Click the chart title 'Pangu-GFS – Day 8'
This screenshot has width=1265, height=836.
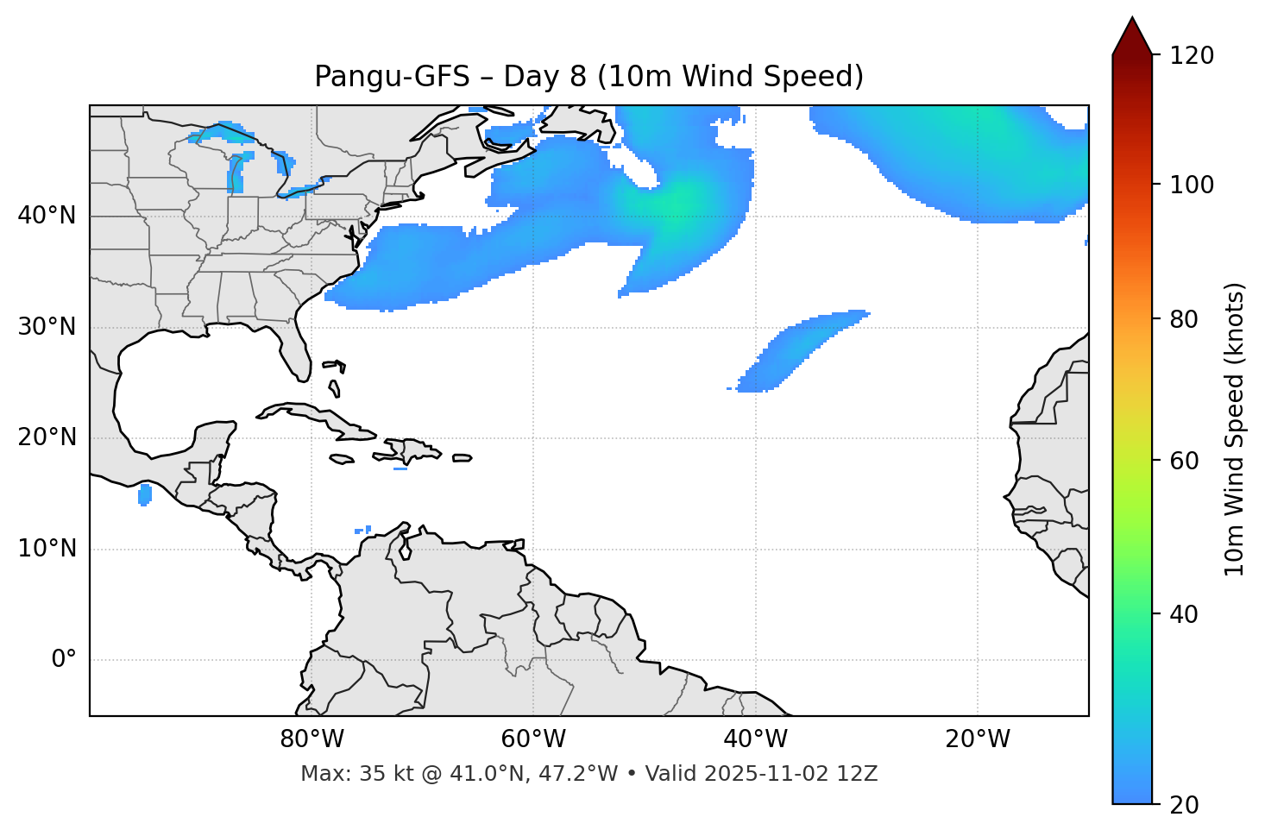click(x=588, y=77)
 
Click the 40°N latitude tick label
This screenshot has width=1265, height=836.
click(x=47, y=216)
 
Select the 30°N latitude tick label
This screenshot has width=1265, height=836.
click(x=47, y=327)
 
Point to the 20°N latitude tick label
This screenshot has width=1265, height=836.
click(x=47, y=437)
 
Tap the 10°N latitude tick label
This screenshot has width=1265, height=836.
click(x=47, y=549)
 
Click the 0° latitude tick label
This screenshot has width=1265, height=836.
click(x=64, y=660)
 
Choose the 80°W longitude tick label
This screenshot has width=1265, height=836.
click(x=312, y=739)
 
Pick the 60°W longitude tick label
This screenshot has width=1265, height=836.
click(x=533, y=739)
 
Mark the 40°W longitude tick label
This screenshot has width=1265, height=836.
click(x=755, y=739)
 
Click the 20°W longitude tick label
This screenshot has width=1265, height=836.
click(x=978, y=739)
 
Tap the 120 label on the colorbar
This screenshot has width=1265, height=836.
click(x=1193, y=56)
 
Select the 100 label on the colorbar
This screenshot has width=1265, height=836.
click(x=1193, y=185)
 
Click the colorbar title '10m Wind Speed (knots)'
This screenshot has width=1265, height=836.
click(x=1235, y=429)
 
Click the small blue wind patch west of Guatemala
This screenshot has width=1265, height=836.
click(x=145, y=494)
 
